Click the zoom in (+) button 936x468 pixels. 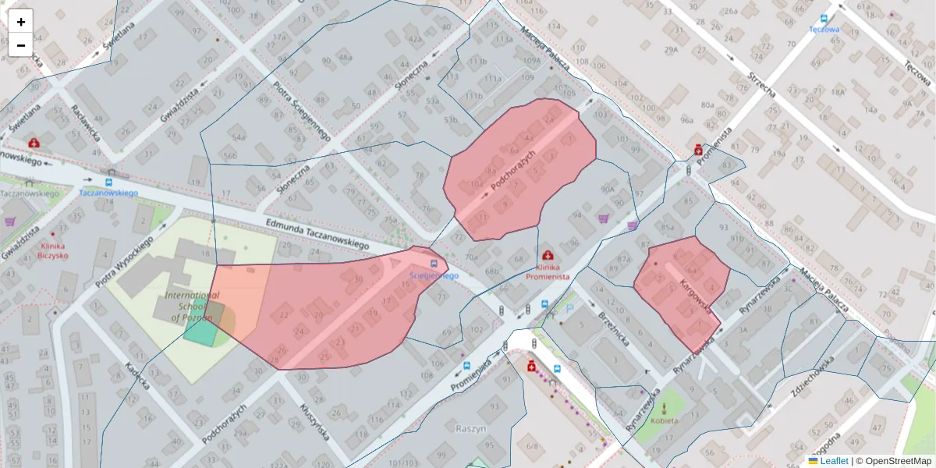click(x=21, y=22)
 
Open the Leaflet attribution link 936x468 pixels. click(x=834, y=461)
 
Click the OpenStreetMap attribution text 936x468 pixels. click(x=896, y=461)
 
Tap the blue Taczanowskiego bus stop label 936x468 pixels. click(x=108, y=193)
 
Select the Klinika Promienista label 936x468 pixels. click(x=547, y=275)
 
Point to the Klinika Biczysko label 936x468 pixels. click(x=54, y=254)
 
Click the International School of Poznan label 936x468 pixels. click(x=192, y=307)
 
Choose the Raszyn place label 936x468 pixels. click(x=471, y=428)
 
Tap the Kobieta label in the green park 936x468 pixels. click(x=665, y=420)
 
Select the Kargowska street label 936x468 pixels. click(x=696, y=296)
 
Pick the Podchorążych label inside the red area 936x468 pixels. click(x=513, y=169)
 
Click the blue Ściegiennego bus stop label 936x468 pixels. click(x=434, y=275)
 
